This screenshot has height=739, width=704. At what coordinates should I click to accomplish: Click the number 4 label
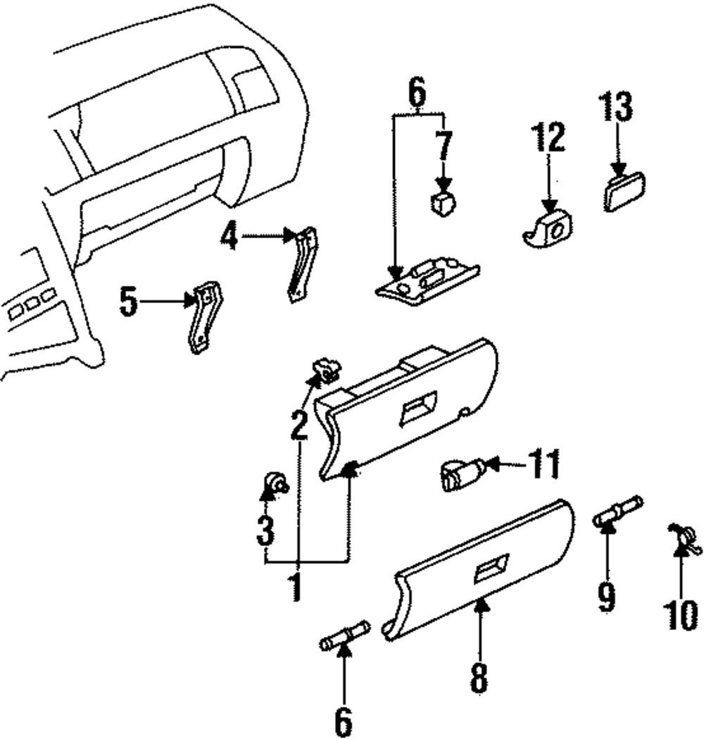click(x=229, y=237)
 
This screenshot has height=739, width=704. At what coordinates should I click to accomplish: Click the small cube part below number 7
click(x=441, y=203)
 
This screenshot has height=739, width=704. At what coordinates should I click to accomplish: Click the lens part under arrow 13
click(x=624, y=192)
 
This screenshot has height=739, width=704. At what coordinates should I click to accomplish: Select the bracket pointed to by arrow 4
click(x=302, y=261)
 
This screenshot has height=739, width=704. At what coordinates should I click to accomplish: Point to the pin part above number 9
click(x=617, y=510)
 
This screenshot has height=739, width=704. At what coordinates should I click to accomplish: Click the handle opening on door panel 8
click(x=490, y=567)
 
